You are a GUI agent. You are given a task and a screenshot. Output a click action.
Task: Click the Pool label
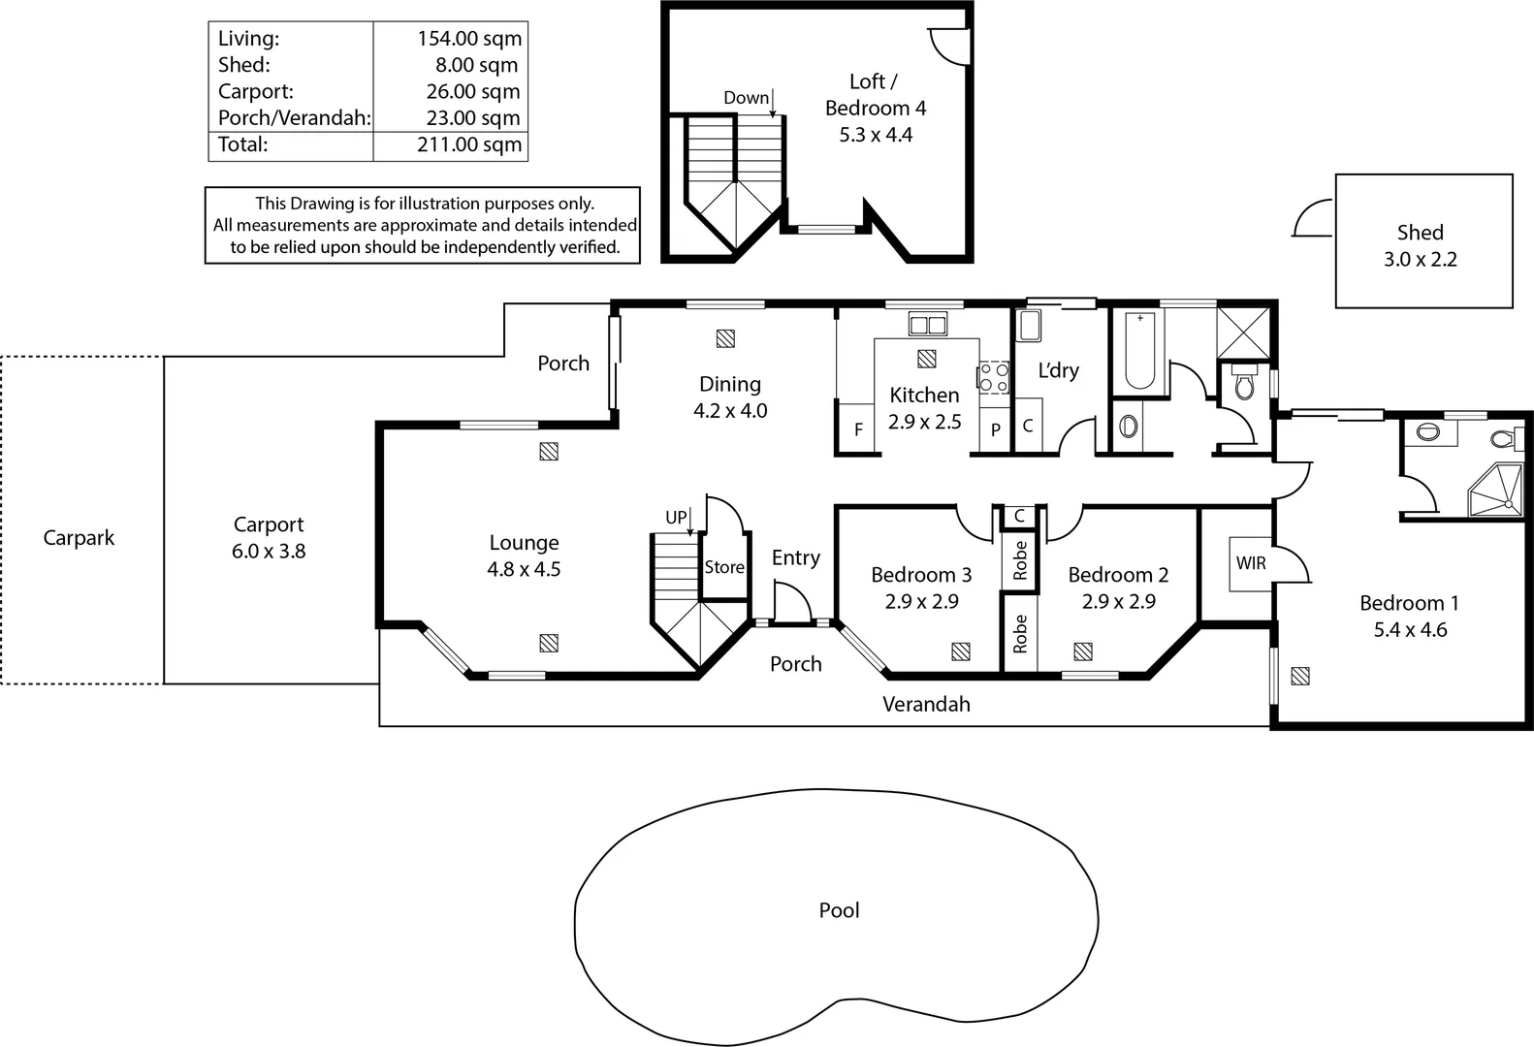[x=839, y=910]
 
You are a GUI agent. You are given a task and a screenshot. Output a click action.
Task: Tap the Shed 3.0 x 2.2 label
[x=1420, y=245]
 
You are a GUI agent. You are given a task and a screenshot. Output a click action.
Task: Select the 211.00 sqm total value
[x=469, y=144]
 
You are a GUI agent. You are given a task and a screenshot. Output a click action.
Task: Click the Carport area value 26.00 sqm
[x=473, y=91]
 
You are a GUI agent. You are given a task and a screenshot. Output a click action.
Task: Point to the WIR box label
[x=1250, y=563]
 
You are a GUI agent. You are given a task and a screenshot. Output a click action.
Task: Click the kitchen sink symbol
[x=928, y=325]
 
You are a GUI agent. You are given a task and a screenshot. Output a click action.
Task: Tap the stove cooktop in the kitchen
[x=993, y=377]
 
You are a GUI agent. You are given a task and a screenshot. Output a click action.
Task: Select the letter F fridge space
[x=858, y=429]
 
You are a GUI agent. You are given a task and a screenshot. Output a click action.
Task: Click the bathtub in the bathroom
[x=1139, y=351]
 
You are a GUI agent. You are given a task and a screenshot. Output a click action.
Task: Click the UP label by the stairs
[x=676, y=518]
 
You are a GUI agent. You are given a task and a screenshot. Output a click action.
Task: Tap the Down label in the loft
[x=746, y=98]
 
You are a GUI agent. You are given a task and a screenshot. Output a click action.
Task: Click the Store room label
[x=724, y=567]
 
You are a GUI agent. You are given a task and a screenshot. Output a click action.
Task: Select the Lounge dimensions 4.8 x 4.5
[x=524, y=569]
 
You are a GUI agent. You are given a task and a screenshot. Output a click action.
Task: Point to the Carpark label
[x=79, y=538]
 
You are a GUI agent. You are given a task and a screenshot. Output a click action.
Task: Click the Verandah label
[x=926, y=704]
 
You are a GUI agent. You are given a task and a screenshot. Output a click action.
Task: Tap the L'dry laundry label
[x=1058, y=370]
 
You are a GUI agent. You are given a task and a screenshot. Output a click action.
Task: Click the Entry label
[x=795, y=557]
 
